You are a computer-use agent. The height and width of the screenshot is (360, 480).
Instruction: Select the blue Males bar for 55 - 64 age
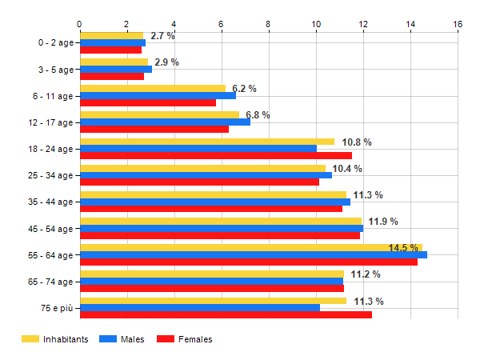[253, 254]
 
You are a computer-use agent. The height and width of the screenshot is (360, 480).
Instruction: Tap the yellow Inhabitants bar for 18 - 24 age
[206, 142]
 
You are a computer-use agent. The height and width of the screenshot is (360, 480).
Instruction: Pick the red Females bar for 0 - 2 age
[110, 50]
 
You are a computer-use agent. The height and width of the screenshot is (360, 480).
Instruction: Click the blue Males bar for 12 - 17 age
[165, 122]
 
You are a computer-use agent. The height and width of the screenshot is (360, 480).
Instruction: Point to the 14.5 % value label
[403, 248]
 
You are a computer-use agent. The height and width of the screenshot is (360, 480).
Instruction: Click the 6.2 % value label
[244, 89]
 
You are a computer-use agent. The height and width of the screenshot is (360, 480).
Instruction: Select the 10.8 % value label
[357, 142]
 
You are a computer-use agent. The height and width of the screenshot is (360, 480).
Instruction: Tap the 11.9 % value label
[383, 222]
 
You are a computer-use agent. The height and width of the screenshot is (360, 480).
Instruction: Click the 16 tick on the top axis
[458, 24]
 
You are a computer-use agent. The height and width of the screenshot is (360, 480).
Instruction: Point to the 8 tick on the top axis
[269, 24]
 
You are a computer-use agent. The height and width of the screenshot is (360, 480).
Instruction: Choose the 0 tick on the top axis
[79, 24]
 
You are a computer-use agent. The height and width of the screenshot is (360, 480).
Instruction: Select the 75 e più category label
[56, 308]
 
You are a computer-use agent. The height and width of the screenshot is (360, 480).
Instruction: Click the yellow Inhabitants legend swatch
[30, 339]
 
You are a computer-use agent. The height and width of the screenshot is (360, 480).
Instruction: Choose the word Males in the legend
[133, 339]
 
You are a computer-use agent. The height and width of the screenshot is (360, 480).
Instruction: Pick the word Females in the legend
[195, 339]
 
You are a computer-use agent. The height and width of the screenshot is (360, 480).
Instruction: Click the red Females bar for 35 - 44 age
[210, 209]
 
